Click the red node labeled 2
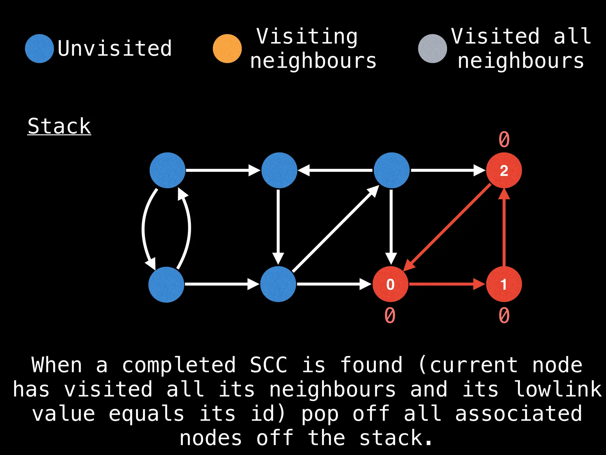[x=504, y=170]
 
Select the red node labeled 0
[x=390, y=284]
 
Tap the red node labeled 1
[x=504, y=284]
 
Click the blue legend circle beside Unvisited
[x=39, y=49]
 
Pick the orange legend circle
[x=227, y=49]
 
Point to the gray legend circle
[x=432, y=49]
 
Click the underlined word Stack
[x=59, y=126]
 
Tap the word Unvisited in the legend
[x=115, y=49]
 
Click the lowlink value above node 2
[x=504, y=139]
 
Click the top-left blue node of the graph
[x=167, y=170]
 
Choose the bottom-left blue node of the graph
[x=166, y=284]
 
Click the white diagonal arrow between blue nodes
[x=335, y=229]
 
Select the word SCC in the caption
[x=268, y=365]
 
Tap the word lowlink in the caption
[x=558, y=389]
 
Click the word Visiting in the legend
[x=307, y=36]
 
